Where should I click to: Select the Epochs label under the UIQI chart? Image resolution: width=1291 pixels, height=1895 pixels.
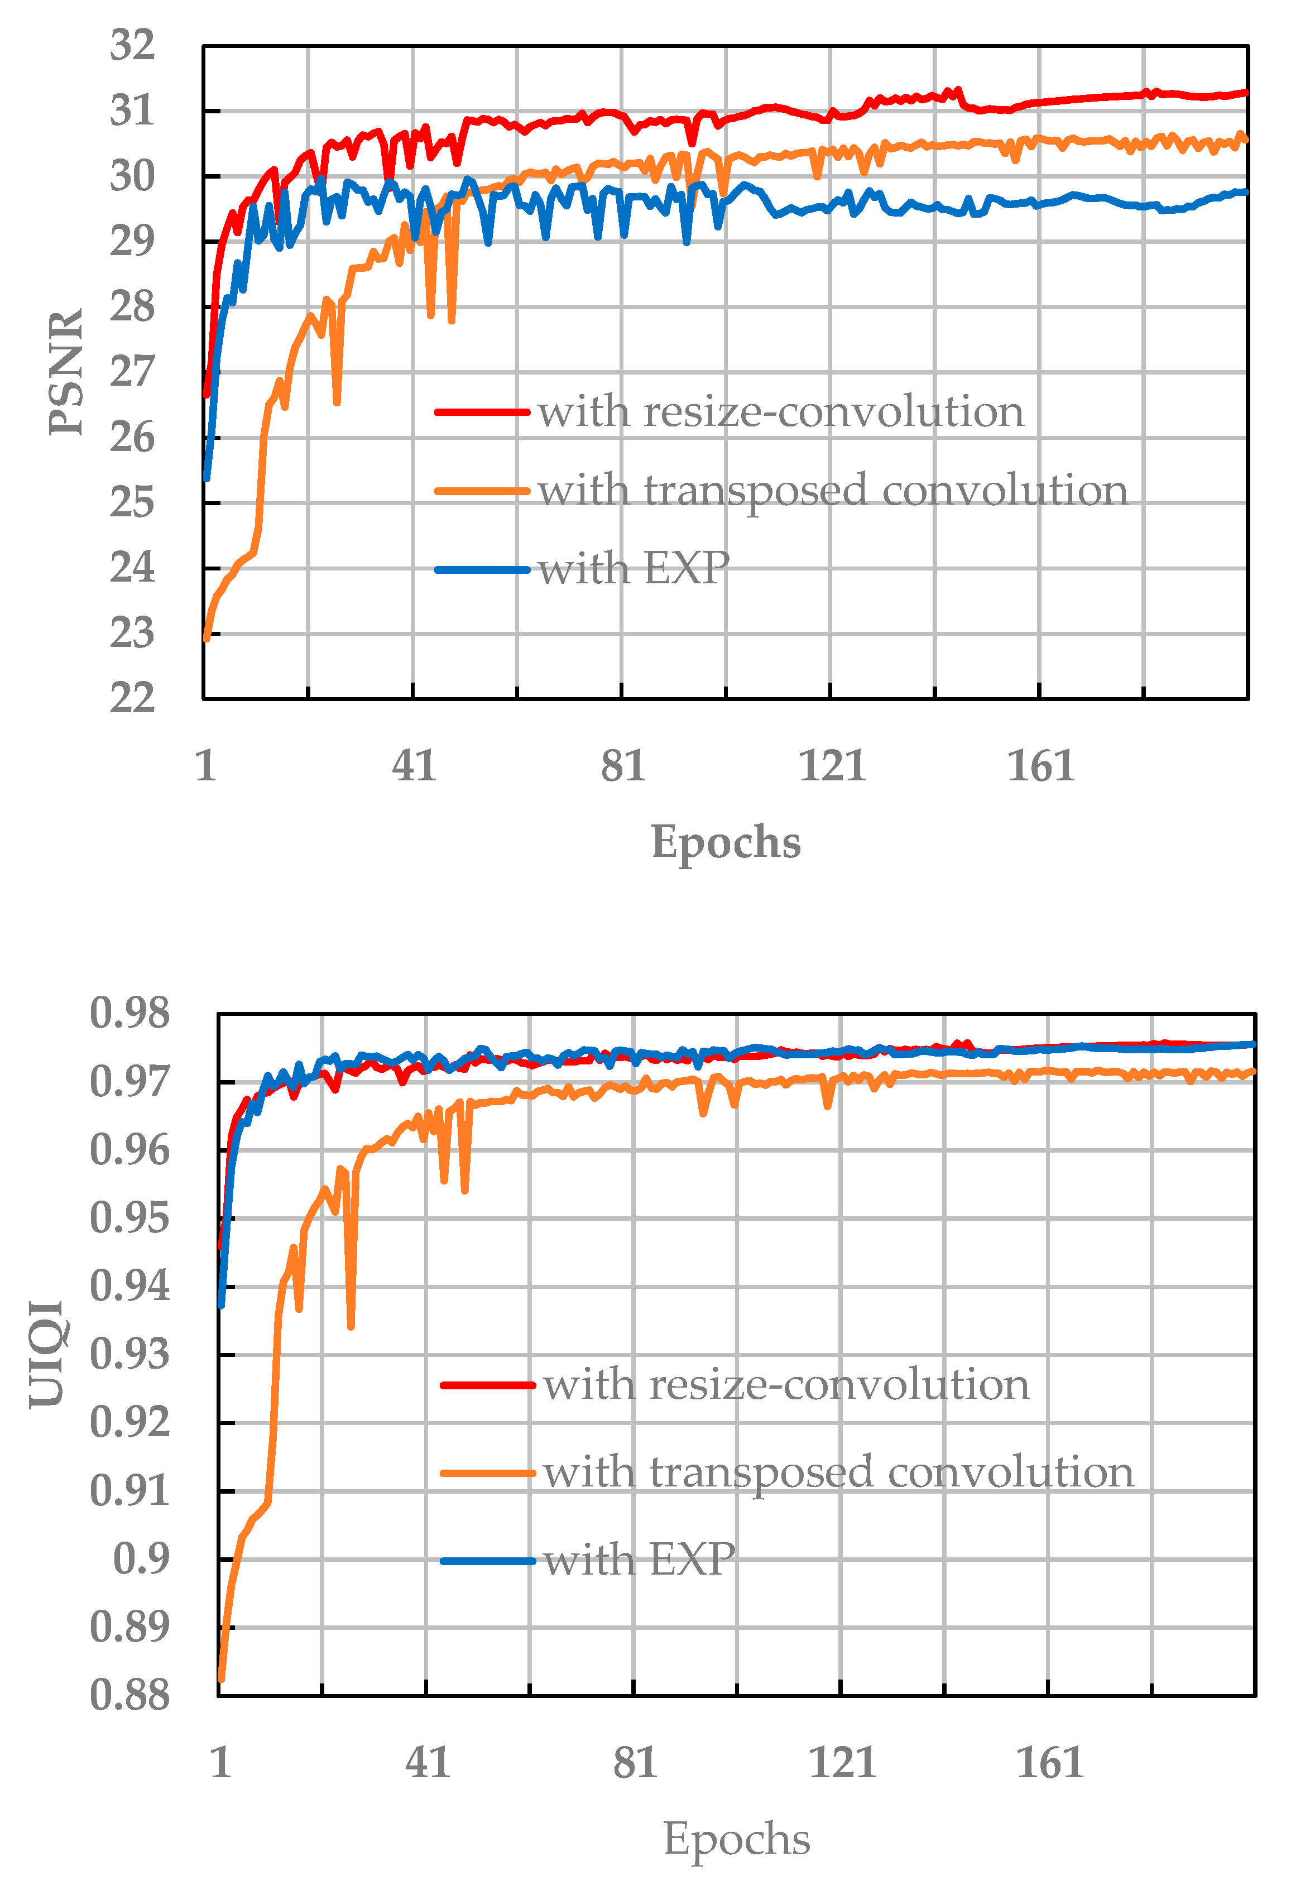click(x=736, y=1838)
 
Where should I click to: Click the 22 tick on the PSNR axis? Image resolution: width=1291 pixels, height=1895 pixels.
click(x=133, y=699)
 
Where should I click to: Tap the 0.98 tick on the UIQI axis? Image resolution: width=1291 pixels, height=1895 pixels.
click(x=129, y=1014)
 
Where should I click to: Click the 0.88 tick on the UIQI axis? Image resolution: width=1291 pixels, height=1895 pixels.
click(x=129, y=1695)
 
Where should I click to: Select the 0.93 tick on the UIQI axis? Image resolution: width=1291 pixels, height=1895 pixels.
click(x=129, y=1354)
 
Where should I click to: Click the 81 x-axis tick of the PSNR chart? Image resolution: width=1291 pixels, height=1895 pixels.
click(x=623, y=766)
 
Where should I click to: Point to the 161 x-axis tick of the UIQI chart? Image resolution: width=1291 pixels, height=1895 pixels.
click(x=1049, y=1763)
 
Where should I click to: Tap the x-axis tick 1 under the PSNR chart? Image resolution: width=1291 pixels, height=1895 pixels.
click(x=205, y=766)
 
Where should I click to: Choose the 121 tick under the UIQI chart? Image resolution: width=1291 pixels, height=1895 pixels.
click(x=842, y=1763)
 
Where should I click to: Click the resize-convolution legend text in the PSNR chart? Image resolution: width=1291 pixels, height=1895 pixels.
click(x=780, y=412)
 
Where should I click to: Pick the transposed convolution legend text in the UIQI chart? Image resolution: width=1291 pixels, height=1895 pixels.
click(x=838, y=1472)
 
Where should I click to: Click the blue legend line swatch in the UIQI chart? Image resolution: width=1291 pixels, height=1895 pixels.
click(x=487, y=1561)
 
